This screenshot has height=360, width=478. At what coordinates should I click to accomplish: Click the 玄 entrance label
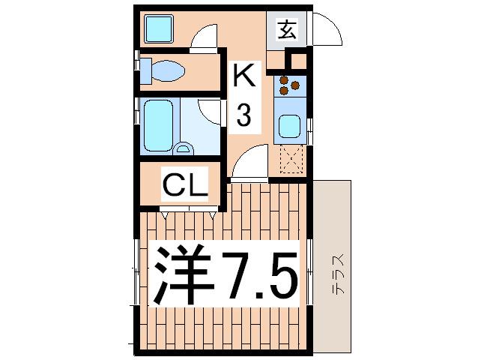[x=287, y=29]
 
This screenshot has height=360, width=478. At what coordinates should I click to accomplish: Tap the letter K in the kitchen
[x=243, y=75]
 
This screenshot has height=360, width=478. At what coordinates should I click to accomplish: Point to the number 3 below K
[x=244, y=115]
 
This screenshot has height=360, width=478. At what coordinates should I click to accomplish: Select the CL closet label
[x=185, y=184]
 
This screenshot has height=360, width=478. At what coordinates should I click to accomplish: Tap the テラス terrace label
[x=339, y=273]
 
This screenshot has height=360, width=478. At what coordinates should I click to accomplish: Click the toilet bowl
[x=167, y=70]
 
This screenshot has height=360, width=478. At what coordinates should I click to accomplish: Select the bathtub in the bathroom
[x=158, y=126]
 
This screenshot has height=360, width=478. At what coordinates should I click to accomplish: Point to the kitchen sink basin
[x=289, y=126]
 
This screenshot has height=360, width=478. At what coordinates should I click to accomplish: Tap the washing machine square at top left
[x=159, y=28]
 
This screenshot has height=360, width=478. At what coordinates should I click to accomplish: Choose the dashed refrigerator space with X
[x=291, y=159]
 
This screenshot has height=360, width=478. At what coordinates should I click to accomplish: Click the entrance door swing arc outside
[x=336, y=25]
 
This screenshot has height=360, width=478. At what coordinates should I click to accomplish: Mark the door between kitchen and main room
[x=249, y=163]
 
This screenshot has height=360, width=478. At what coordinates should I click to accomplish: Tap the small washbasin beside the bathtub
[x=183, y=148]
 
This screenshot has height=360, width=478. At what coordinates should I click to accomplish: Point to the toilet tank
[x=145, y=71]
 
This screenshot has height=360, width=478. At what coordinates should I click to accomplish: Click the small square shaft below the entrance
[x=298, y=61]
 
